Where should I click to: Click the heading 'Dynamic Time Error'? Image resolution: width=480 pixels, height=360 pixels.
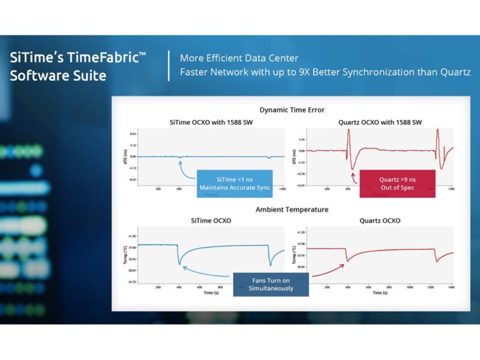(x=292, y=110)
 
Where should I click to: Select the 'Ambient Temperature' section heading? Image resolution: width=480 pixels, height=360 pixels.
(x=292, y=209)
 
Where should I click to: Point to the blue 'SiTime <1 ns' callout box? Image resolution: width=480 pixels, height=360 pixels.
(x=235, y=184)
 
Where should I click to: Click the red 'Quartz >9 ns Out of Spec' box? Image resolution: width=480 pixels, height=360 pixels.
(x=389, y=184)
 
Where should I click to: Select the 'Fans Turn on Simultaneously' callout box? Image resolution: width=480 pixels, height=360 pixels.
(x=271, y=284)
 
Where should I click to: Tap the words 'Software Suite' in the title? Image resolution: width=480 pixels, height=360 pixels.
(x=58, y=76)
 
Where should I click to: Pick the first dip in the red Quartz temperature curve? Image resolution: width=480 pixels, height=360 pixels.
(x=347, y=260)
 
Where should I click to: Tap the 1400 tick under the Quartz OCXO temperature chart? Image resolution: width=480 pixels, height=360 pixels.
(x=449, y=288)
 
